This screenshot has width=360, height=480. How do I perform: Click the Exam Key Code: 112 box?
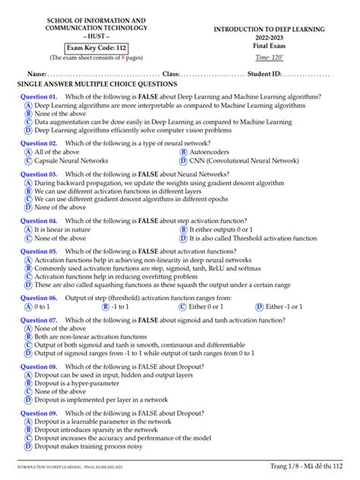click(x=95, y=48)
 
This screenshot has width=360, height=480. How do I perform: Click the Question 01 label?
click(x=39, y=96)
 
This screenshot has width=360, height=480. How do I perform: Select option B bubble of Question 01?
click(x=28, y=113)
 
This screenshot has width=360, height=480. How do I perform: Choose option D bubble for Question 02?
click(x=184, y=161)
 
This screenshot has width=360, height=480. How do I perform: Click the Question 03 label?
click(x=39, y=174)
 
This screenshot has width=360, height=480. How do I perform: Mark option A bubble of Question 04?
click(x=28, y=229)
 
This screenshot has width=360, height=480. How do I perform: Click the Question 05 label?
click(x=39, y=251)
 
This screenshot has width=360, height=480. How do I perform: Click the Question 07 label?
click(x=39, y=321)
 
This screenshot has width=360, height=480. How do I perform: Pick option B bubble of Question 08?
click(x=28, y=384)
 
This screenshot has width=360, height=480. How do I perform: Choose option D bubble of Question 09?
click(x=28, y=447)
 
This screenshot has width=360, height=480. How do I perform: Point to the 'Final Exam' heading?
click(x=270, y=46)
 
